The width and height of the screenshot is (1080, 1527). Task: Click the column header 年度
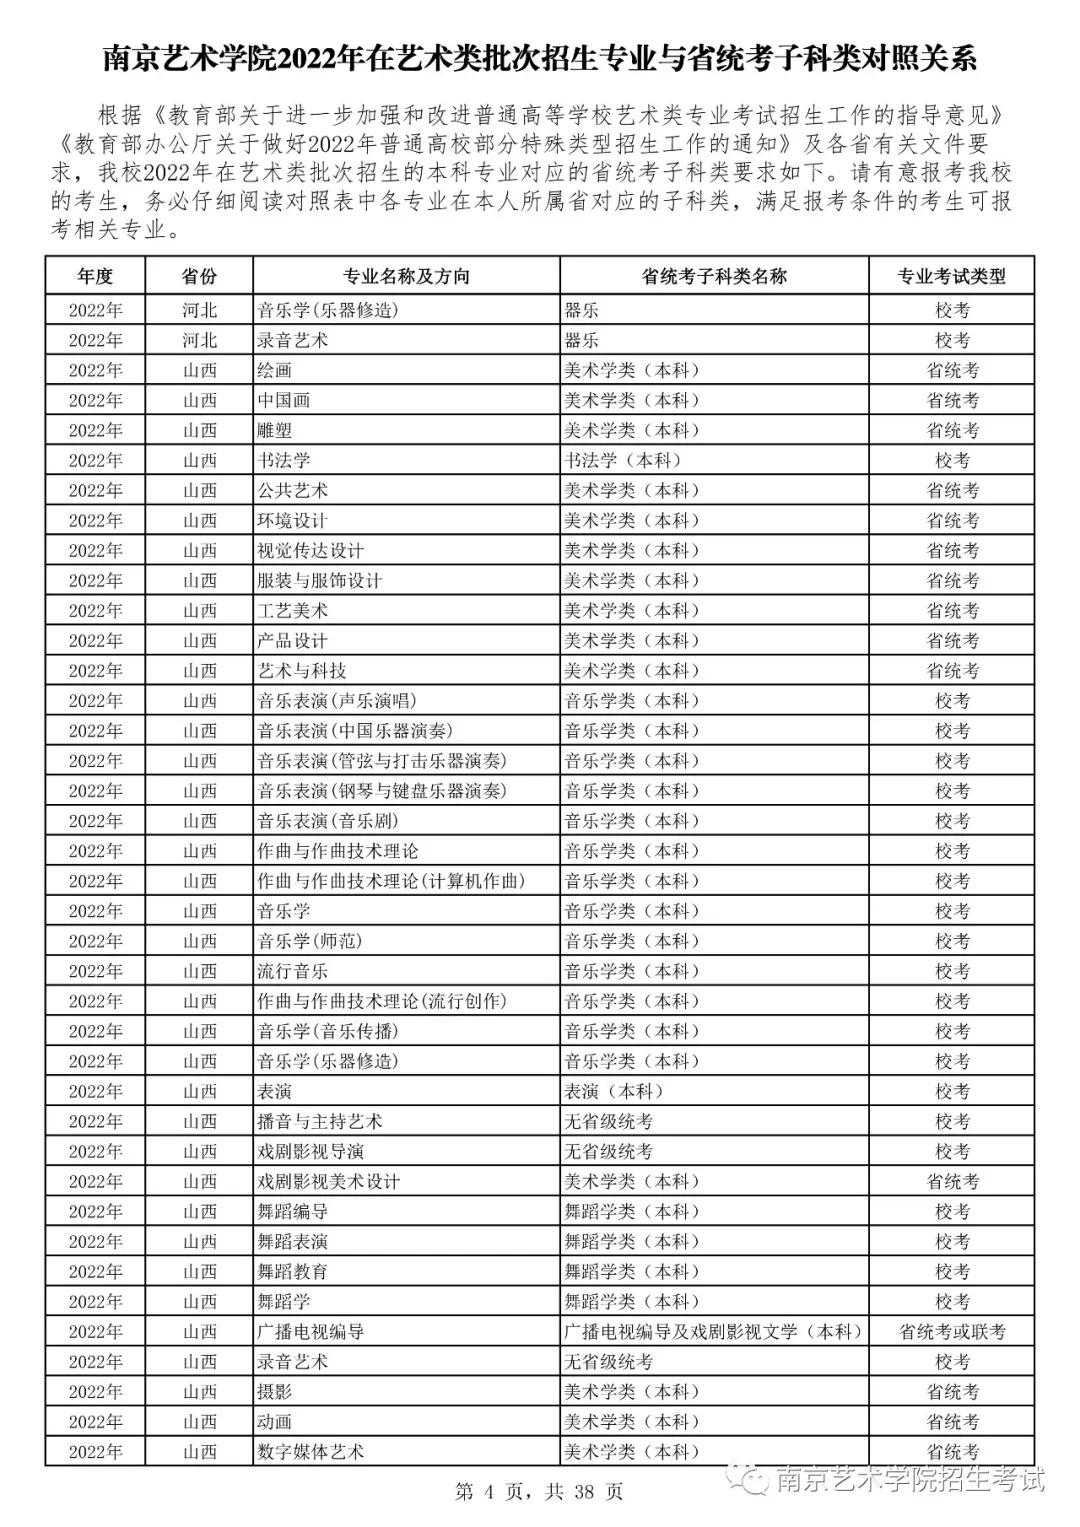click(95, 276)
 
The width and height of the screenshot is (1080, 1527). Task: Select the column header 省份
click(199, 276)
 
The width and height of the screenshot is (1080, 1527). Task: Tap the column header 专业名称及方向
click(406, 276)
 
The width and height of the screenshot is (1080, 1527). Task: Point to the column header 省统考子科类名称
click(714, 276)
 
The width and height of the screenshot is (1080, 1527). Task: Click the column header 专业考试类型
click(951, 276)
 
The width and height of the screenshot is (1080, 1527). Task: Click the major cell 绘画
click(274, 370)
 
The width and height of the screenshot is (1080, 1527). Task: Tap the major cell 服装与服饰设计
click(319, 580)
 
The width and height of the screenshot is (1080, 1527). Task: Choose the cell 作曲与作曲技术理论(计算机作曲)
click(391, 881)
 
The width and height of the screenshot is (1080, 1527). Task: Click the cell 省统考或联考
click(951, 1331)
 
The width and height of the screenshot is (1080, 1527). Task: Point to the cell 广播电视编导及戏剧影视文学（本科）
click(713, 1331)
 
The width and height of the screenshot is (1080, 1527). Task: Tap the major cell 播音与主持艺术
click(319, 1121)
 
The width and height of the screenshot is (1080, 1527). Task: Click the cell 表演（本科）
click(613, 1091)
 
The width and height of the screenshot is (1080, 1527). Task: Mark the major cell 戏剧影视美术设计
click(328, 1181)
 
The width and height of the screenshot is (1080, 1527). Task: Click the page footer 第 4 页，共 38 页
click(539, 1492)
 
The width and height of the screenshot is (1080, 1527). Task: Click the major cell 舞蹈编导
click(292, 1211)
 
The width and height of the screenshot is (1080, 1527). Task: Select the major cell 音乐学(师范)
click(309, 941)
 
